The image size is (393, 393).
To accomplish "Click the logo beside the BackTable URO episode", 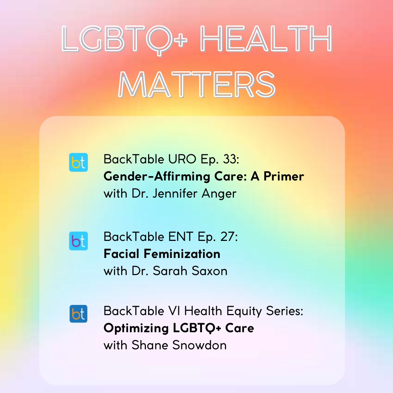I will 78,162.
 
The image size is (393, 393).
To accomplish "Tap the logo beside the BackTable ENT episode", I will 78,241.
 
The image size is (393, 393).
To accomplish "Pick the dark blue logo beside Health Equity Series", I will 78,314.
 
